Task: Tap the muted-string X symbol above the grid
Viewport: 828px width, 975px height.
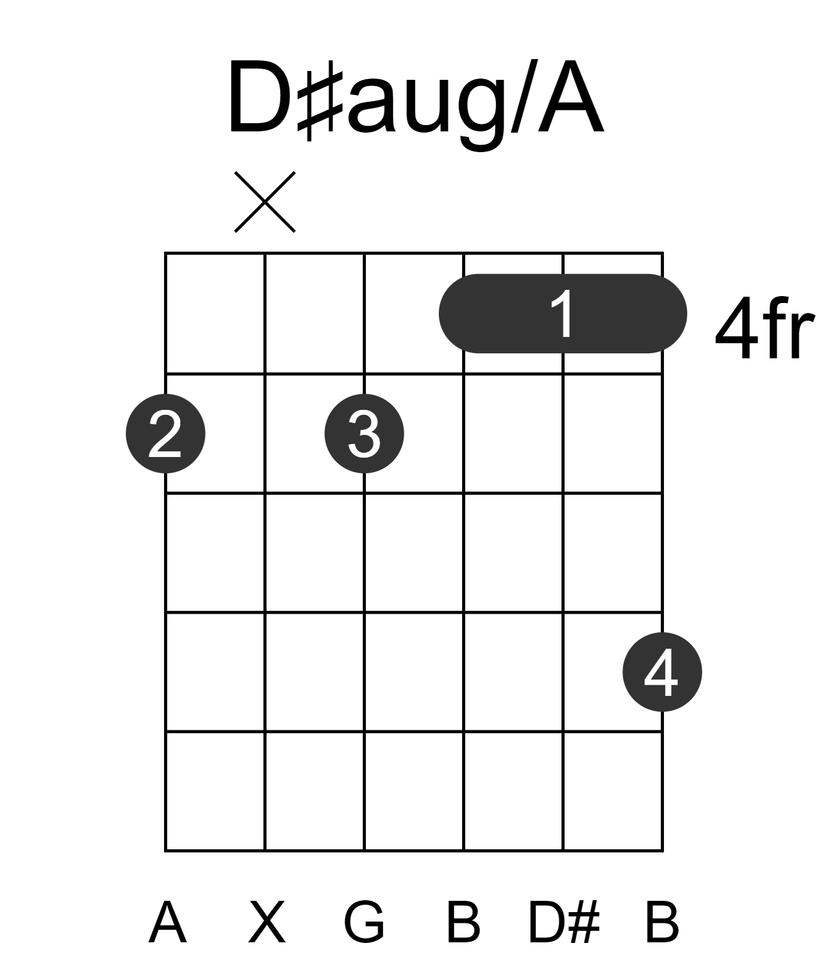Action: click(x=265, y=202)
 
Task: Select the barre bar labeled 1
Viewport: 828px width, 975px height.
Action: click(x=563, y=314)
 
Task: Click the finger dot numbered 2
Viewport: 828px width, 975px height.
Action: click(x=165, y=434)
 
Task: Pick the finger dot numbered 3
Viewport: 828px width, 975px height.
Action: click(x=364, y=434)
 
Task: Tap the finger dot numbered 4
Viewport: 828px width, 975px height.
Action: click(x=663, y=672)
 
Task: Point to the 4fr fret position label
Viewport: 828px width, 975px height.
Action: click(x=765, y=328)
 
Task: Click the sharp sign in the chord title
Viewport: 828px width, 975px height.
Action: click(x=321, y=100)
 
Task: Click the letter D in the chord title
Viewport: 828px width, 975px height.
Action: click(x=259, y=97)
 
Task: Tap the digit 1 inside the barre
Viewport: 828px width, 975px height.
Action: click(x=563, y=313)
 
